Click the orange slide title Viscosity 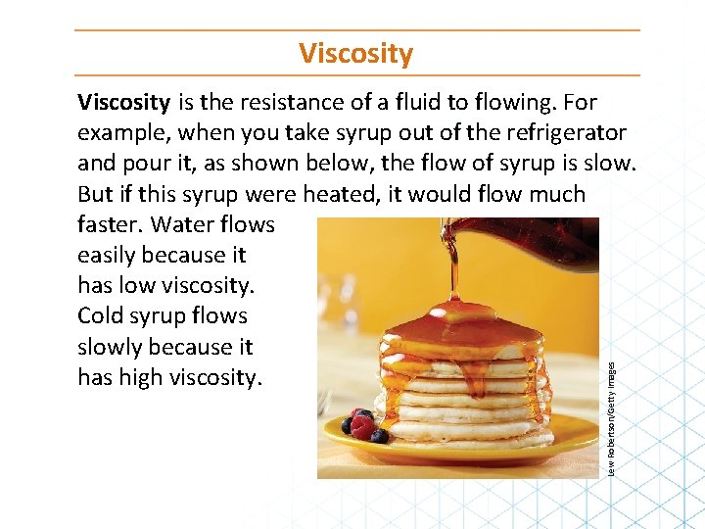[x=356, y=53]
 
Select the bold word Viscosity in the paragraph [x=123, y=102]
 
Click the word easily [x=106, y=255]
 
